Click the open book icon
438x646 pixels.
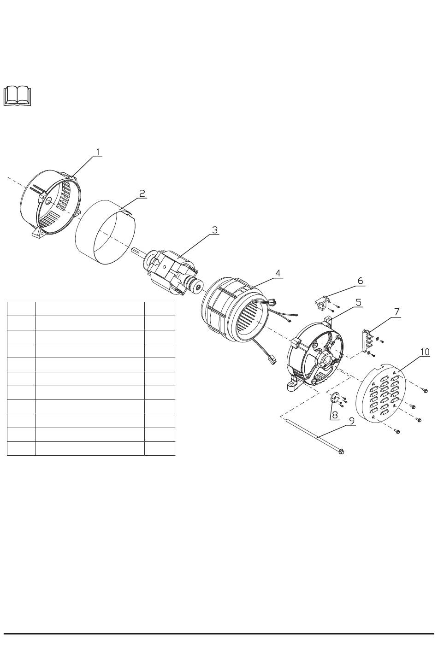pos(18,95)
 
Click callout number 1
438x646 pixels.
pos(98,152)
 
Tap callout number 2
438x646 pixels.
pos(142,193)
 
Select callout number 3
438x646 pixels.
pos(215,230)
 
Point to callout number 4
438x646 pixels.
pos(278,273)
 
